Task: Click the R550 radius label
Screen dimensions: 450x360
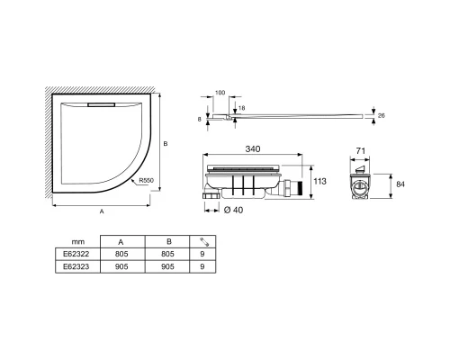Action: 147,181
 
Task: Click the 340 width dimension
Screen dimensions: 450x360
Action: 253,148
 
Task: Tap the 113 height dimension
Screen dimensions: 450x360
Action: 319,181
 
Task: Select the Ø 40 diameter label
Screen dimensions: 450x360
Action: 233,210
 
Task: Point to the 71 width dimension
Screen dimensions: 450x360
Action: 360,151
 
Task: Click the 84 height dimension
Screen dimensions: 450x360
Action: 400,184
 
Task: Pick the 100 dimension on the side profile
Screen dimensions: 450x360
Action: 220,93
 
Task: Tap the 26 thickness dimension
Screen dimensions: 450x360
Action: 381,115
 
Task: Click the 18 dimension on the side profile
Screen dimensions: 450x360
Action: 241,108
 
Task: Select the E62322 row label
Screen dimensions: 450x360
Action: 76,254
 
